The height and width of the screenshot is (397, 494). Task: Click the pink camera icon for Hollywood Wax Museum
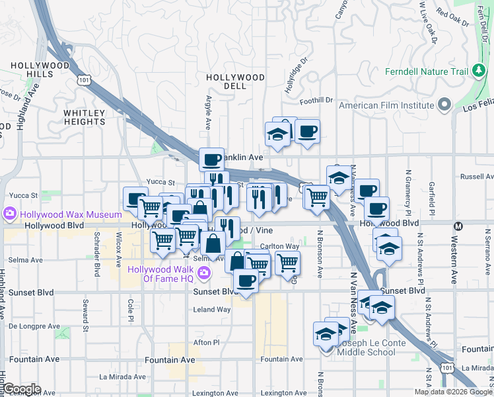pos(10,214)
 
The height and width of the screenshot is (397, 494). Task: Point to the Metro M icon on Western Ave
pos(459,226)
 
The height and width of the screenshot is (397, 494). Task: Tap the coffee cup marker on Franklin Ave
pos(211,159)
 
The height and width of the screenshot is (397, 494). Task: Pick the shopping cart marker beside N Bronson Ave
pos(317,197)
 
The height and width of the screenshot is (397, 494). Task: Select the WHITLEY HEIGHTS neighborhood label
pos(85,117)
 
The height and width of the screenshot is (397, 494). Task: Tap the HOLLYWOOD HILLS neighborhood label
pos(40,69)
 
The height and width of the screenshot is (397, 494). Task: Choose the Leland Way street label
pos(211,309)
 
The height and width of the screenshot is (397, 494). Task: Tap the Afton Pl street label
pos(205,342)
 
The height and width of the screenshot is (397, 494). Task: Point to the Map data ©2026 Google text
pos(453,392)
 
